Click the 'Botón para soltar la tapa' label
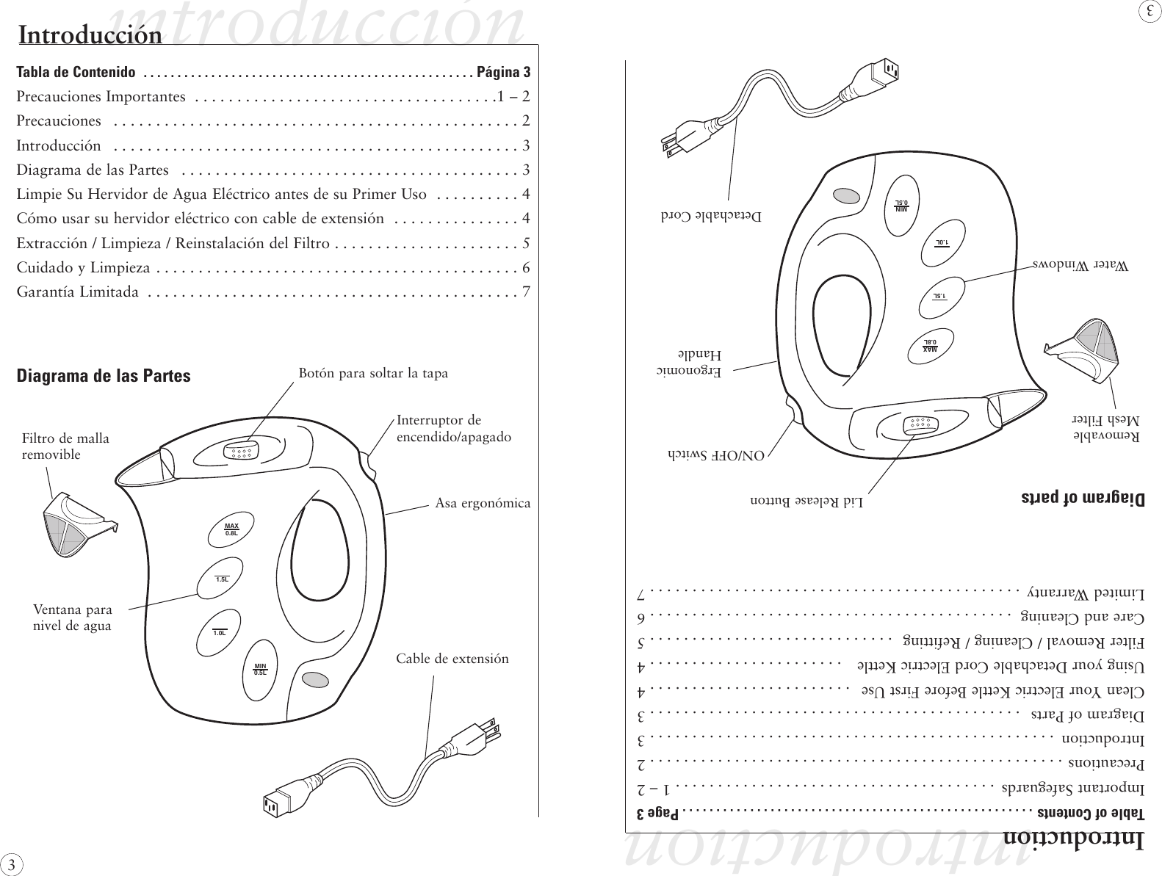click(372, 373)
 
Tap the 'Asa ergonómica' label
click(482, 504)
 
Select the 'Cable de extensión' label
click(452, 659)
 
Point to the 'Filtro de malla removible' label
click(65, 446)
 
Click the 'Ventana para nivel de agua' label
click(73, 618)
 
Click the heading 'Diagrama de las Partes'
click(104, 376)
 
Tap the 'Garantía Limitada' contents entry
click(78, 292)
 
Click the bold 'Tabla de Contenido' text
click(76, 72)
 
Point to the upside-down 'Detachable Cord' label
click(710, 217)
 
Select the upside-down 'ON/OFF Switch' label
click(716, 455)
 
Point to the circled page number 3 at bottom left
click(10, 863)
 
